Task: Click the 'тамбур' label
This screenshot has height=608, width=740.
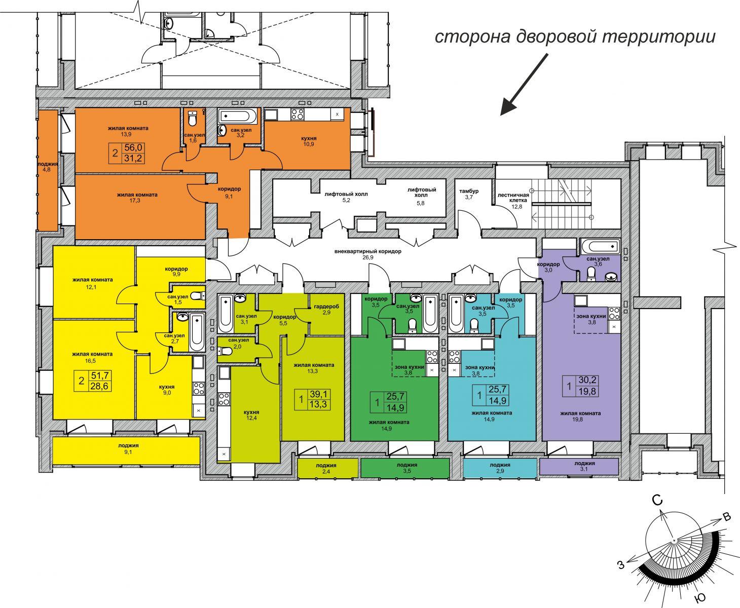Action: [x=469, y=191]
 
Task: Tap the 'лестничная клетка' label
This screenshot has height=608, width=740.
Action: [x=513, y=198]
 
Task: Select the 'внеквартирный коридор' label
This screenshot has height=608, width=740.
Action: [x=368, y=251]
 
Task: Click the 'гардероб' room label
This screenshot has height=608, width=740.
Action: [x=326, y=307]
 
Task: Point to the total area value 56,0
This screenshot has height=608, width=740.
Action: [x=133, y=148]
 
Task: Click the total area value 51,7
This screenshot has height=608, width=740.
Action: [x=100, y=376]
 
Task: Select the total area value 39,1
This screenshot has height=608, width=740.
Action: [x=318, y=394]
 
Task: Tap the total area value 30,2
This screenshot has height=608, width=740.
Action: [x=587, y=380]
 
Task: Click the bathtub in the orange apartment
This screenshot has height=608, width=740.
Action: [x=238, y=116]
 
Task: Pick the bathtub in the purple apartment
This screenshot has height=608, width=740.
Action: [x=600, y=246]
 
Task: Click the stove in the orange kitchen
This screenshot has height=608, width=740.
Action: [x=297, y=115]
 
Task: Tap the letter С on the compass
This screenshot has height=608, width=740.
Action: [x=657, y=500]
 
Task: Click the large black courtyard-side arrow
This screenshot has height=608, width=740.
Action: [x=524, y=85]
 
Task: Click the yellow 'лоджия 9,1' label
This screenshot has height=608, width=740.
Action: [x=128, y=449]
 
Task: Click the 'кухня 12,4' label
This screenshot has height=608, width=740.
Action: [x=251, y=415]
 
